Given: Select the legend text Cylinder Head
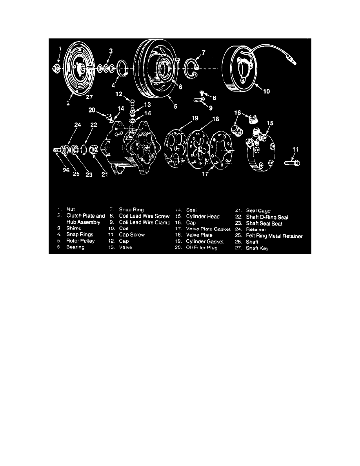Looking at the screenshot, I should (x=203, y=217).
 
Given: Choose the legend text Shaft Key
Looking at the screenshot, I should (x=257, y=248).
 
